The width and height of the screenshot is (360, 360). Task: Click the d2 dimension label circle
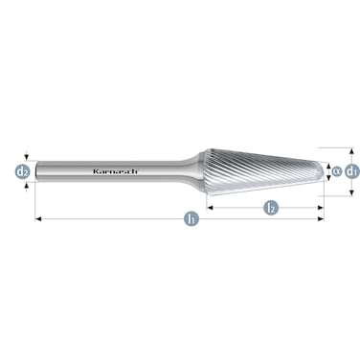[x=22, y=172]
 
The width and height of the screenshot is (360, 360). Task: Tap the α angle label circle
[x=335, y=171]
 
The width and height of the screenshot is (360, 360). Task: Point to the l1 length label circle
[x=191, y=219]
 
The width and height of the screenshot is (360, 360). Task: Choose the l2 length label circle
[x=271, y=207]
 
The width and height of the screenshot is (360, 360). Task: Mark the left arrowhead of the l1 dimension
[x=38, y=219]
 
